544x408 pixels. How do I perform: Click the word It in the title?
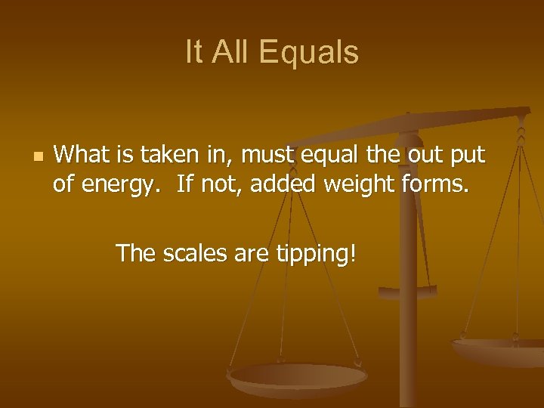(194, 53)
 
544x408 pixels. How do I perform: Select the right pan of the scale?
(499, 349)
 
